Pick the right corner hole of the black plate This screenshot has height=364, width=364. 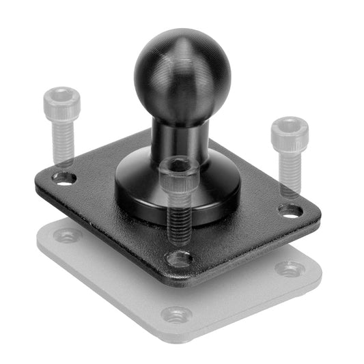tap(290, 210)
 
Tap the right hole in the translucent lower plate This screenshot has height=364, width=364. tap(289, 268)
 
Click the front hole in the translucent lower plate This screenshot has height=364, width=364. tap(176, 315)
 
